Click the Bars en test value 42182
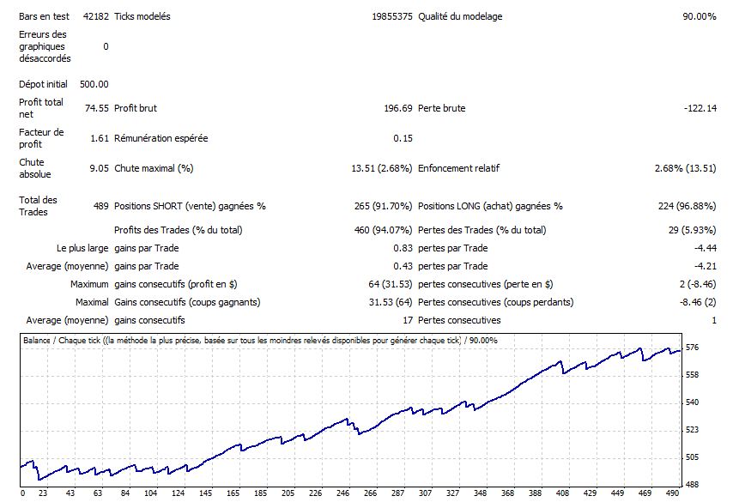click(96, 16)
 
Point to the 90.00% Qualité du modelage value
click(699, 16)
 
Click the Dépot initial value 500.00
click(94, 84)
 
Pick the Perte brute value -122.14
click(699, 108)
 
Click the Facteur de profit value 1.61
click(99, 138)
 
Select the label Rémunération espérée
click(161, 138)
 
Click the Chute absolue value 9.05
click(99, 168)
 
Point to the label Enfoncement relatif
click(458, 168)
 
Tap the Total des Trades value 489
click(100, 206)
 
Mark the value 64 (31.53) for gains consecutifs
click(388, 284)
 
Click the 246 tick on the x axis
click(343, 493)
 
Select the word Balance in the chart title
click(39, 341)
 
